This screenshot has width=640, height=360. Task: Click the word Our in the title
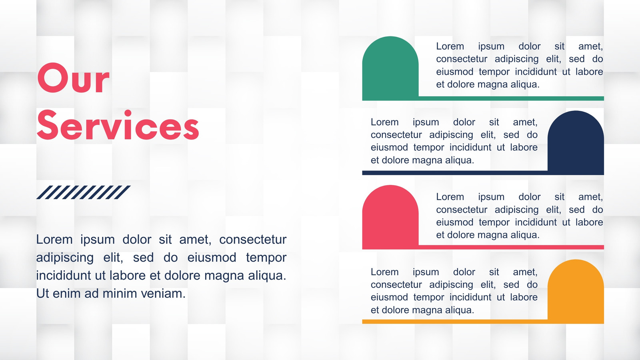click(x=73, y=78)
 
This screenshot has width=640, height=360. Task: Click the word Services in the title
click(x=118, y=125)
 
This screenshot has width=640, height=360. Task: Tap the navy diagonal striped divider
click(x=84, y=192)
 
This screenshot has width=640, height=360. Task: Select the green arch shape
click(x=390, y=68)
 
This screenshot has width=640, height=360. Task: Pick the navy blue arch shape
click(x=576, y=142)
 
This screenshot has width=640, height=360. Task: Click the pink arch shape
click(x=390, y=217)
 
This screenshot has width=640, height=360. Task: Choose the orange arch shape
click(x=576, y=291)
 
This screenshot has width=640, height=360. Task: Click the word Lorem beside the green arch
click(x=450, y=46)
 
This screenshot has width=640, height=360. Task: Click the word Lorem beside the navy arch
click(x=384, y=122)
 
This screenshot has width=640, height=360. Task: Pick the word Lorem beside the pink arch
click(x=450, y=197)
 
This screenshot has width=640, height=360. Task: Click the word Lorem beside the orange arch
click(x=384, y=272)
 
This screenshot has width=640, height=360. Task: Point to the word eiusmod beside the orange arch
click(x=390, y=298)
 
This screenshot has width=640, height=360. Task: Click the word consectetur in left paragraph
click(x=253, y=240)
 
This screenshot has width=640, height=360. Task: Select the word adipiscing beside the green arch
click(x=516, y=59)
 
